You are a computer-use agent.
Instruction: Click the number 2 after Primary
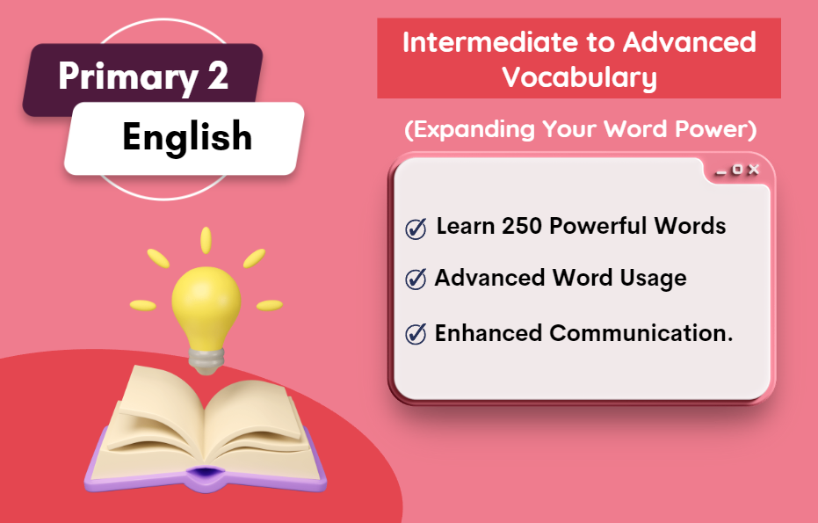(x=218, y=76)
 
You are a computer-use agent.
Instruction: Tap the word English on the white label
(x=187, y=137)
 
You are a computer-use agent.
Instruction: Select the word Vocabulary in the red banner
(x=579, y=77)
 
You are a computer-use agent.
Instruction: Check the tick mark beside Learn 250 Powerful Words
(x=416, y=229)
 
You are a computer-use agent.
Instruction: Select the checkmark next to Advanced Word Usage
(x=416, y=279)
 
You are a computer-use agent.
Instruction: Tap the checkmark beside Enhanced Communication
(x=416, y=333)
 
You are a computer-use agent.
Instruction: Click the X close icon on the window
(x=753, y=169)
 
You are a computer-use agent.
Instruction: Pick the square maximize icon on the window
(x=737, y=169)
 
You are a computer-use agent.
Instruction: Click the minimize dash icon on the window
(x=721, y=173)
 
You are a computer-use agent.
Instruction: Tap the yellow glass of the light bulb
(x=206, y=305)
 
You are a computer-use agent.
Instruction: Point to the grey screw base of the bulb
(x=206, y=360)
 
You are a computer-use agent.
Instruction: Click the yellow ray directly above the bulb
(x=206, y=240)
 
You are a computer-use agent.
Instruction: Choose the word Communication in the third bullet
(x=641, y=333)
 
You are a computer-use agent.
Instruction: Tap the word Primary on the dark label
(x=127, y=77)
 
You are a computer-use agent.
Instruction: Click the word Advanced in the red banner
(x=689, y=42)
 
